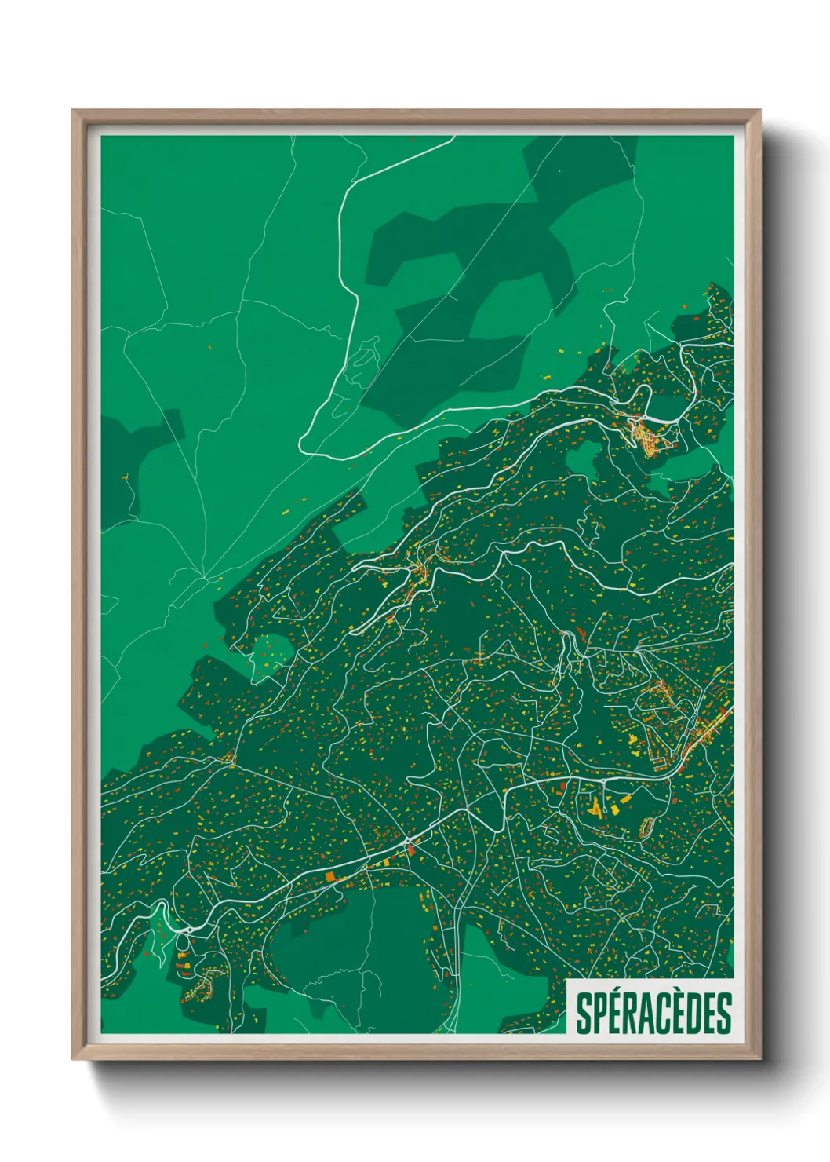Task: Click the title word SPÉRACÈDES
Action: (653, 1013)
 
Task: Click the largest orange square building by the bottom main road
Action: (329, 875)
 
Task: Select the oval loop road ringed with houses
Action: (648, 826)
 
